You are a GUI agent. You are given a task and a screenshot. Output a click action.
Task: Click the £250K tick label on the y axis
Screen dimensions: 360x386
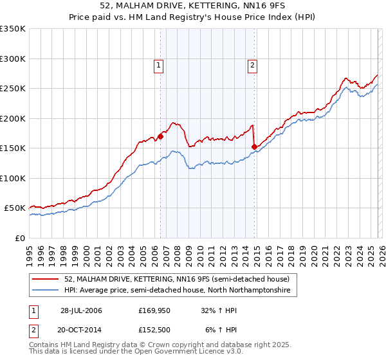(x=13, y=89)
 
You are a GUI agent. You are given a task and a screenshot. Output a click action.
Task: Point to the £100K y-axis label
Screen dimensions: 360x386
(x=13, y=178)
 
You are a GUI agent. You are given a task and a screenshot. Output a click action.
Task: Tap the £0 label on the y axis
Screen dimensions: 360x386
(x=20, y=238)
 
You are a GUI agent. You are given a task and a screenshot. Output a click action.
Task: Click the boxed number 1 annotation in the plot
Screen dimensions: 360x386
(x=158, y=64)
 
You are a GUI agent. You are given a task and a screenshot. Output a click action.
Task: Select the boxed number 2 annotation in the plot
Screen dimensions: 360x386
(x=253, y=64)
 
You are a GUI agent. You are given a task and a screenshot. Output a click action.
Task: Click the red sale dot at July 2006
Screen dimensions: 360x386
(x=161, y=136)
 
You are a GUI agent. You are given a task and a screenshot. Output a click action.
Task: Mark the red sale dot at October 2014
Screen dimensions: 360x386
(x=254, y=147)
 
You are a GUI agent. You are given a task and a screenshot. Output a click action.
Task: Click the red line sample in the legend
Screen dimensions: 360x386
(x=46, y=279)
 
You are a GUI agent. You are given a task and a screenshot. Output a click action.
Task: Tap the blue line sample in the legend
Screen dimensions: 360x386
(x=46, y=291)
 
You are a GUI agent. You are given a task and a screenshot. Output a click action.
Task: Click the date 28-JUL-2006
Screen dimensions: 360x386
(x=81, y=310)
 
